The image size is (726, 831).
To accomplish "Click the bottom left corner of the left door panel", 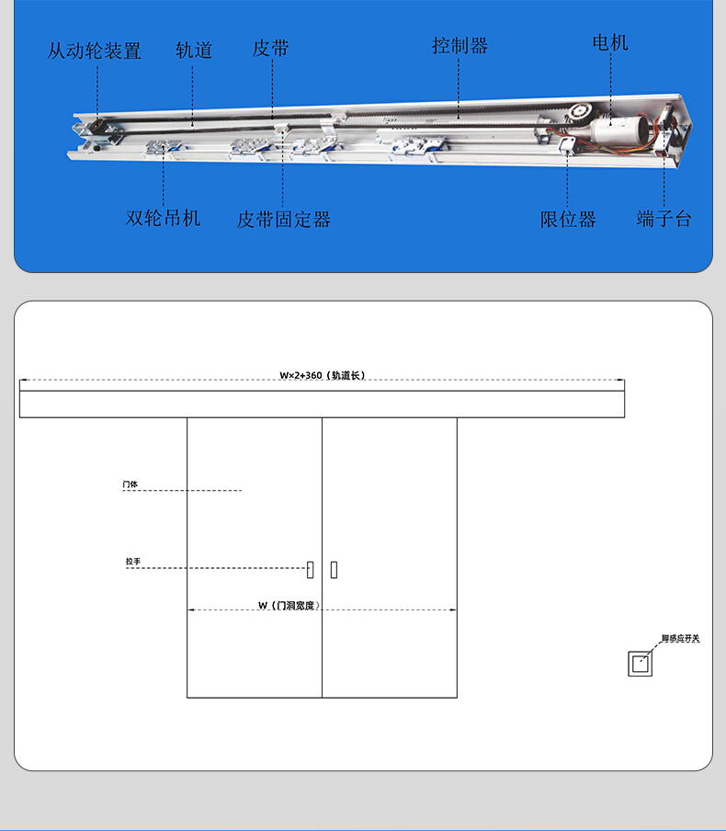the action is pyautogui.click(x=187, y=698).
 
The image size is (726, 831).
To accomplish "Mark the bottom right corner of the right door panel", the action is pyautogui.click(x=457, y=698).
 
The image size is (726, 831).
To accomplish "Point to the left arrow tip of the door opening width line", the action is pyautogui.click(x=188, y=610).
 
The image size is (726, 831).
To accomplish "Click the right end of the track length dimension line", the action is pyautogui.click(x=624, y=380).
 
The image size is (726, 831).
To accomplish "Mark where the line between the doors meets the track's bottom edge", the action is pyautogui.click(x=323, y=417).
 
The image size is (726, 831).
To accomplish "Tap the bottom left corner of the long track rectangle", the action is pyautogui.click(x=19, y=417).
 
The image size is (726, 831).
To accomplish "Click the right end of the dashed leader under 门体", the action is pyautogui.click(x=242, y=490).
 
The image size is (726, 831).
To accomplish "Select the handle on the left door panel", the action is pyautogui.click(x=310, y=570).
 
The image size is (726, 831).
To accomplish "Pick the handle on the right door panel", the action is pyautogui.click(x=334, y=570).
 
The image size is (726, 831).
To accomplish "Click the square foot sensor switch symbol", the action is pyautogui.click(x=641, y=664).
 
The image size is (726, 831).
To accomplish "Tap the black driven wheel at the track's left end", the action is pyautogui.click(x=98, y=128).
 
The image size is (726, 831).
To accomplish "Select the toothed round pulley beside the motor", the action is pyautogui.click(x=580, y=112).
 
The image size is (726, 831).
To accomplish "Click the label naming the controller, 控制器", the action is pyautogui.click(x=459, y=46).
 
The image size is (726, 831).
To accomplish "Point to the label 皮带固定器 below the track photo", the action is pyautogui.click(x=284, y=220).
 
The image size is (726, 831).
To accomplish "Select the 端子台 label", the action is pyautogui.click(x=664, y=219).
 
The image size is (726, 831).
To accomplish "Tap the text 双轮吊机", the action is pyautogui.click(x=163, y=218).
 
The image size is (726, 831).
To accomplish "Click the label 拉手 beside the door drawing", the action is pyautogui.click(x=133, y=562).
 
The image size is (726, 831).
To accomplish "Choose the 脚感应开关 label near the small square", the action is pyautogui.click(x=680, y=638).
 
